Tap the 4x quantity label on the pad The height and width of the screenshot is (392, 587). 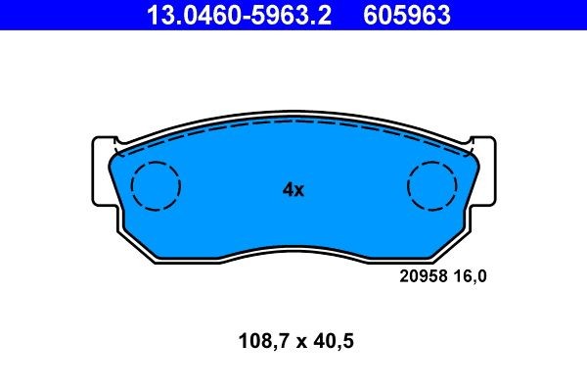click(293, 190)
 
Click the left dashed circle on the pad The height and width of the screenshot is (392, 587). click(156, 184)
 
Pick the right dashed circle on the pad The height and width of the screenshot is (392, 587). click(432, 184)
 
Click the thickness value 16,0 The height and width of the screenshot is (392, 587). click(469, 276)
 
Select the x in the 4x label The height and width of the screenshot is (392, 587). click(299, 191)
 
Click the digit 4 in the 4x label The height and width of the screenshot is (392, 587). click(288, 190)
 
